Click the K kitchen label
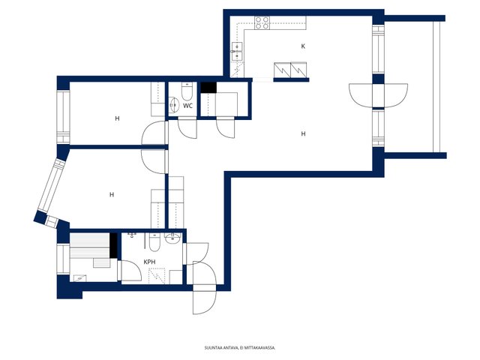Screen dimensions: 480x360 pyautogui.click(x=303, y=46)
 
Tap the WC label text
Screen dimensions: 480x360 pyautogui.click(x=187, y=106)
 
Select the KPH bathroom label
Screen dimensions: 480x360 pyautogui.click(x=150, y=262)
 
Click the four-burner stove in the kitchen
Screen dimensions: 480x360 pyautogui.click(x=262, y=23)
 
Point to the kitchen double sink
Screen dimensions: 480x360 pyautogui.click(x=237, y=51)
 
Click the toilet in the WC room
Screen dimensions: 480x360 pyautogui.click(x=187, y=91)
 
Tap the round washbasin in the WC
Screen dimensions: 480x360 pyautogui.click(x=173, y=105)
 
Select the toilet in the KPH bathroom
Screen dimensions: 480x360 pyautogui.click(x=154, y=242)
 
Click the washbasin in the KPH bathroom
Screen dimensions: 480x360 pyautogui.click(x=172, y=238)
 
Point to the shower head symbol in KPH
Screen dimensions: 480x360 pyautogui.click(x=132, y=235)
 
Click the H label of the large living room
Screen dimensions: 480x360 pyautogui.click(x=303, y=133)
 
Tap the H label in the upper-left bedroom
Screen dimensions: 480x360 pyautogui.click(x=117, y=118)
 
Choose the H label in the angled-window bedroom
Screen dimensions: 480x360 pyautogui.click(x=112, y=195)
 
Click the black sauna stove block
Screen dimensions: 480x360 pyautogui.click(x=113, y=245)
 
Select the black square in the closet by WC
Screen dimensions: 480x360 pyautogui.click(x=208, y=87)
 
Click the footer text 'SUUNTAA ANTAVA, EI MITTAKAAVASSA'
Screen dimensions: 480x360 pyautogui.click(x=240, y=348)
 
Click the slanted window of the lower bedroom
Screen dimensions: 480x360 pyautogui.click(x=52, y=186)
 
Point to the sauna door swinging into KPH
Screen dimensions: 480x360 pyautogui.click(x=132, y=271)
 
